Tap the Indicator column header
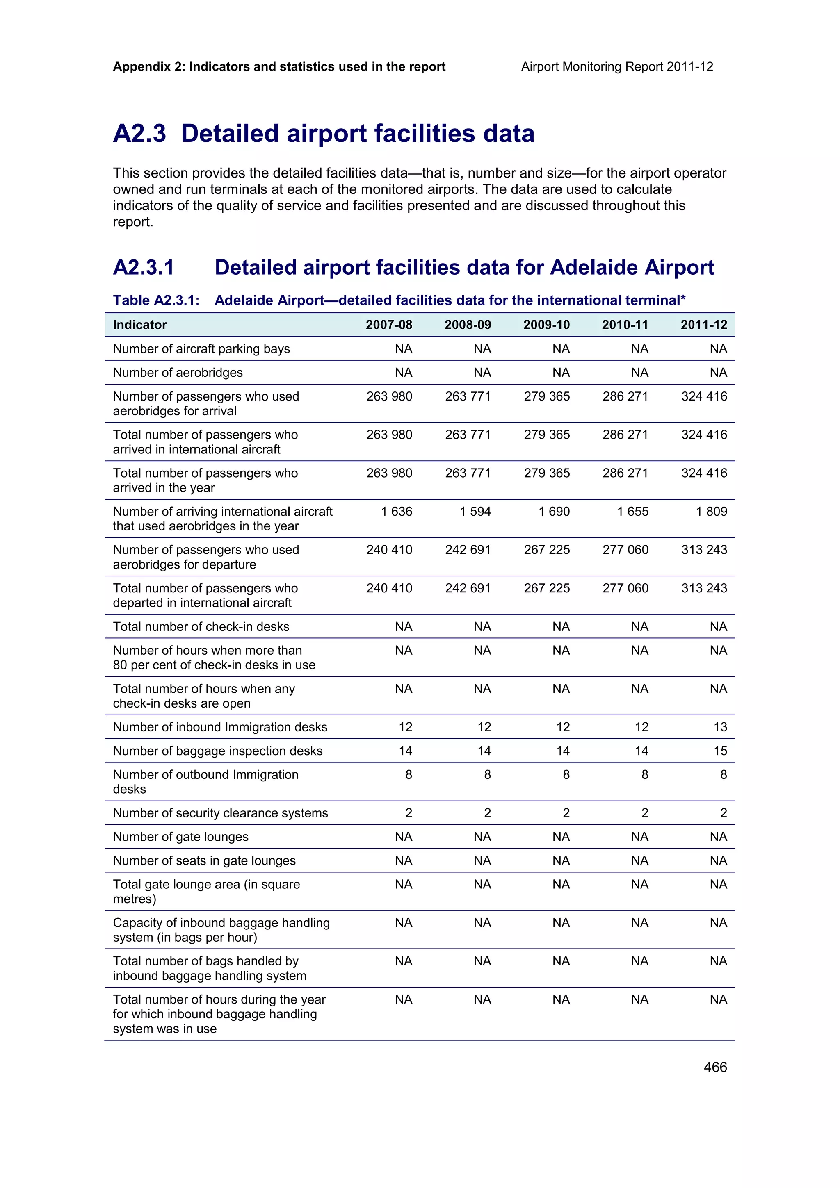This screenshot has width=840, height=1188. [140, 325]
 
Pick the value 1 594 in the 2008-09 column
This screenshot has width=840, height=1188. [475, 511]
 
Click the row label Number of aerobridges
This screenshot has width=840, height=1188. [178, 373]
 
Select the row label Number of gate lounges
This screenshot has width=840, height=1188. [180, 837]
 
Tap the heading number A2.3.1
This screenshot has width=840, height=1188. [144, 268]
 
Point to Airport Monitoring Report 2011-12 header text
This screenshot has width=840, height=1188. [617, 67]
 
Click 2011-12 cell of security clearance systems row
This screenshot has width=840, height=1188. [723, 813]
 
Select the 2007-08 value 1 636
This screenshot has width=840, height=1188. [397, 511]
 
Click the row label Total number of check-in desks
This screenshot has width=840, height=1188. [201, 627]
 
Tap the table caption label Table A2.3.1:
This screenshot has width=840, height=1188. [156, 300]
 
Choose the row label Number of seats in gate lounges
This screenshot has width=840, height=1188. [204, 860]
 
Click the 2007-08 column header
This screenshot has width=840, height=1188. [389, 325]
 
